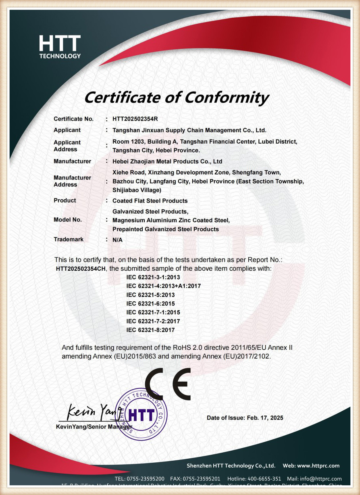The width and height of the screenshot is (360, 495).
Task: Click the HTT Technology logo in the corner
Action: (60, 46)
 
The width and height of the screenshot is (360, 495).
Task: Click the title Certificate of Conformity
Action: (176, 97)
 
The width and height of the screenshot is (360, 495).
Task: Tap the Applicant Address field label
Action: (67, 146)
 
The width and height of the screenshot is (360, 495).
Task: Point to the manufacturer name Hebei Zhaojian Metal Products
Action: (167, 161)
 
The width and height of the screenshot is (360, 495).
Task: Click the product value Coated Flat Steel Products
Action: (150, 201)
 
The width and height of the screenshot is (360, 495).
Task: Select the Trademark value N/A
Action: (117, 240)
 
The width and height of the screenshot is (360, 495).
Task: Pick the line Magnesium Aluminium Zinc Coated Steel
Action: (171, 220)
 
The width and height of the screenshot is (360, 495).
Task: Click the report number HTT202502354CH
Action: (81, 268)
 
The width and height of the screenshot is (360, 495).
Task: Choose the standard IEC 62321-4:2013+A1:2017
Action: (163, 286)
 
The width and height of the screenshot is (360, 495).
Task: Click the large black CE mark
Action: (168, 384)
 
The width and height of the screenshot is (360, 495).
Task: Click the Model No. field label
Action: (68, 220)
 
